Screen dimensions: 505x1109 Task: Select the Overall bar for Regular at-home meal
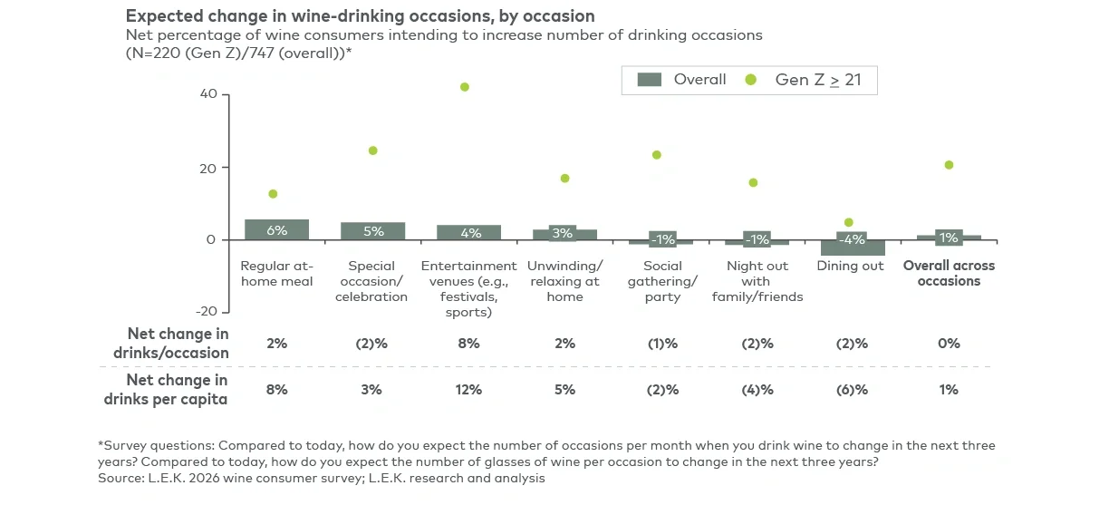[276, 230]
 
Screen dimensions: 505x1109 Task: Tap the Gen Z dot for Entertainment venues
[465, 87]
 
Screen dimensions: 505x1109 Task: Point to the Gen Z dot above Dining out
[849, 222]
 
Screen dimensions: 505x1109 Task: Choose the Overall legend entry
[681, 80]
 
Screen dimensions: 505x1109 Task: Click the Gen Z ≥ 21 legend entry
[805, 80]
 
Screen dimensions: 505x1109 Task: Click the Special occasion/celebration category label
[372, 281]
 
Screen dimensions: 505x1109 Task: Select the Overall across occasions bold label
[949, 273]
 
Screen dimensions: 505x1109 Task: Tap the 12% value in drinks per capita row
[468, 390]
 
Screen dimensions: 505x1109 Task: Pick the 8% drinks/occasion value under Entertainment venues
[468, 344]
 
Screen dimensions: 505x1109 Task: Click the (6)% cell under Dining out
[853, 390]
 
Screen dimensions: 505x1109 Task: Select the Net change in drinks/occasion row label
[178, 344]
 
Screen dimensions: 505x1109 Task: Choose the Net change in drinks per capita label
[178, 390]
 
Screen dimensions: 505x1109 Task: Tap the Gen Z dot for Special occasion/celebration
[372, 151]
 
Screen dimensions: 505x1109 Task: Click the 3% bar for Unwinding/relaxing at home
[564, 234]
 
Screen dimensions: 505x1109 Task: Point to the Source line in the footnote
[322, 478]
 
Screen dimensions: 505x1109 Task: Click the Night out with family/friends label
[757, 281]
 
